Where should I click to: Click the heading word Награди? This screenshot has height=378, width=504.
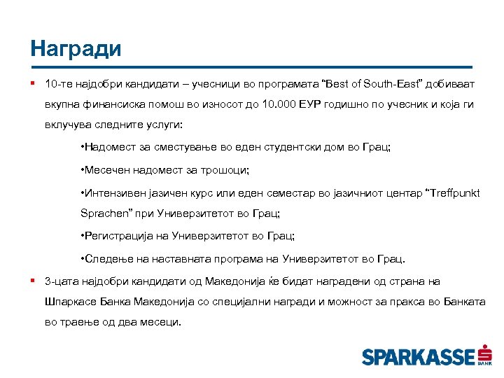[x=76, y=48]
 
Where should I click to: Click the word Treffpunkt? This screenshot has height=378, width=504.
[x=454, y=192]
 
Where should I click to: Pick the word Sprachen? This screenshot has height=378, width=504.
[x=104, y=213]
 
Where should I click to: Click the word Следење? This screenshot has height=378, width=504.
[x=108, y=259]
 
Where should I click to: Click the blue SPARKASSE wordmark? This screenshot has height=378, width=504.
[x=418, y=357]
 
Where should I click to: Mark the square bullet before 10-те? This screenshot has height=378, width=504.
[x=33, y=84]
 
